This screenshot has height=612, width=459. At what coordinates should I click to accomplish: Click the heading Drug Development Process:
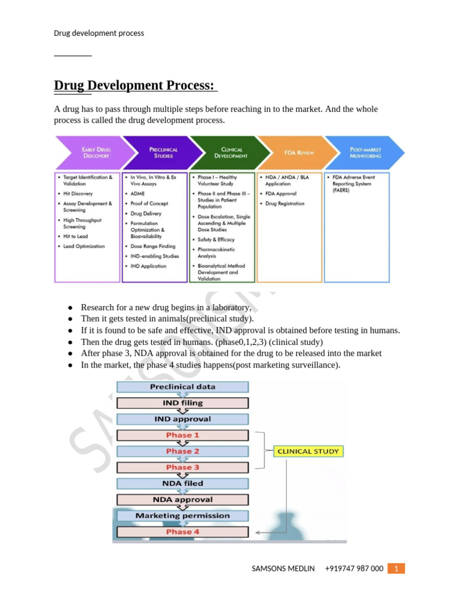pos(134,85)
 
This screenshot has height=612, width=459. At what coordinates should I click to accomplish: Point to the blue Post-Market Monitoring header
pos(365,152)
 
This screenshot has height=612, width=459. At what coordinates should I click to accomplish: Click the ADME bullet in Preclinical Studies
pos(137,194)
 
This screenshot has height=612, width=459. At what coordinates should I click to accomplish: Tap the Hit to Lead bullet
pos(75,236)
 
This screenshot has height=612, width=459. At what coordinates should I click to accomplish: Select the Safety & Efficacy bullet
pos(216,239)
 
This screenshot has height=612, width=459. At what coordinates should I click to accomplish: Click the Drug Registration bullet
pos(284,203)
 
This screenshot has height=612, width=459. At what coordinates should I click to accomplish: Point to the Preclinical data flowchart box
pos(182,387)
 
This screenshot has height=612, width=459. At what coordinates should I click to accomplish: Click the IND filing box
pos(182,403)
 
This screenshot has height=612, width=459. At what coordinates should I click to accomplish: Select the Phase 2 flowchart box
pos(182,451)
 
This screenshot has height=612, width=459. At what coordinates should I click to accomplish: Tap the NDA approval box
pos(182,500)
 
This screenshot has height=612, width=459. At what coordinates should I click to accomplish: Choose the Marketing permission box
pos(182,515)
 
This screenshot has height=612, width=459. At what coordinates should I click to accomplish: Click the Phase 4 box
pos(182,531)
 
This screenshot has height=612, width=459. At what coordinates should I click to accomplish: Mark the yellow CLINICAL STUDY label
pos(308,451)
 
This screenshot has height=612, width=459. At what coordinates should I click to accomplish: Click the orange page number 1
pos(396,568)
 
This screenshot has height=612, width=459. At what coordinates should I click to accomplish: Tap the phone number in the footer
pos(354,568)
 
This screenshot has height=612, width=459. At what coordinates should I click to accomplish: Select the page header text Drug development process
pos(99,33)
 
